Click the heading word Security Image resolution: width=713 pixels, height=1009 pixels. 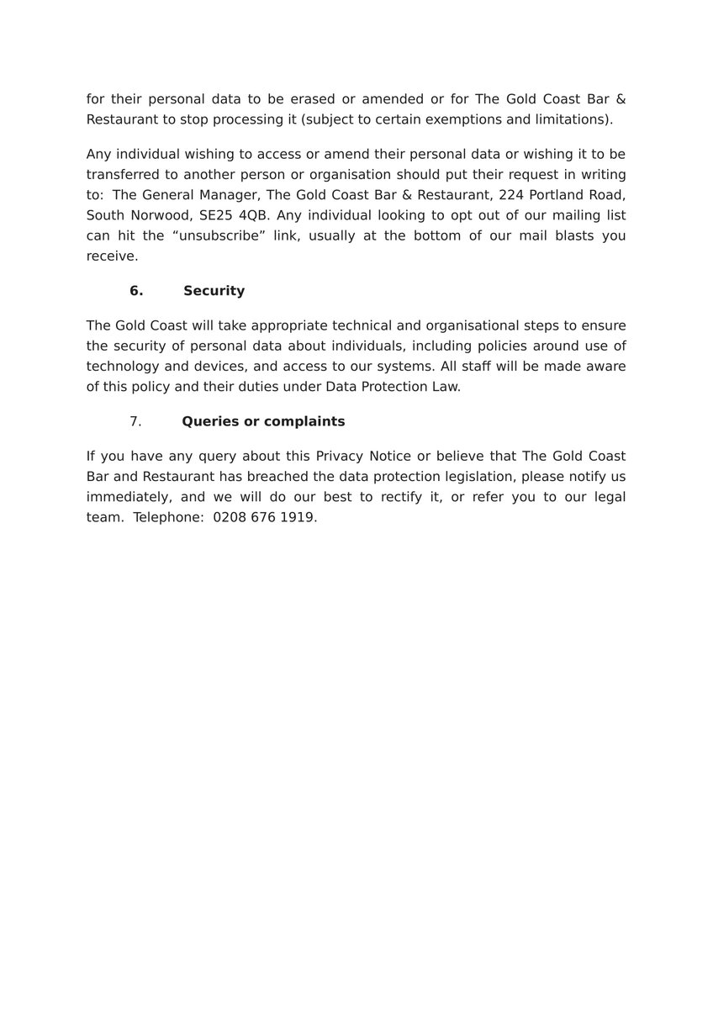click(x=214, y=291)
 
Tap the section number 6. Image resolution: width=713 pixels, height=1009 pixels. click(x=136, y=291)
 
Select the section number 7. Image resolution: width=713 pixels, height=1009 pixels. click(x=135, y=421)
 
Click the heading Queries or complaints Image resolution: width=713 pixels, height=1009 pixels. click(x=263, y=421)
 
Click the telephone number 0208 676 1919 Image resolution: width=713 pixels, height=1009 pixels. click(x=264, y=518)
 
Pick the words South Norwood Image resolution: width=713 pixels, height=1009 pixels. click(x=139, y=215)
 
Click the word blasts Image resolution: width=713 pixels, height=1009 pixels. click(x=562, y=235)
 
